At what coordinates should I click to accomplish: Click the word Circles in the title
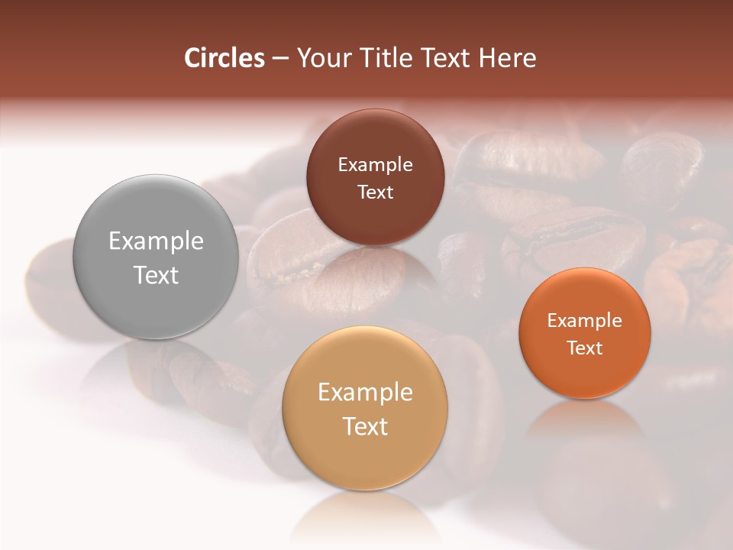click(x=224, y=58)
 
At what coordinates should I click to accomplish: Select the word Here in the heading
click(x=508, y=58)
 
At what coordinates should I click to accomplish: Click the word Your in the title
click(x=321, y=58)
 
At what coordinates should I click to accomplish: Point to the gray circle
click(x=156, y=306)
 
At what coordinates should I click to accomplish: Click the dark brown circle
click(x=375, y=222)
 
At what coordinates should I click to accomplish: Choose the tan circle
click(x=365, y=458)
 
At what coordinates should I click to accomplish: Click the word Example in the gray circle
click(x=156, y=241)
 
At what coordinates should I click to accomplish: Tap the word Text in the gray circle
click(x=156, y=275)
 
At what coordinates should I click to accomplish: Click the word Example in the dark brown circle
click(x=375, y=165)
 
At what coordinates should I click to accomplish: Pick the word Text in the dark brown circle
click(x=375, y=192)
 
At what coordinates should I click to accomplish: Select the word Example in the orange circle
click(x=585, y=321)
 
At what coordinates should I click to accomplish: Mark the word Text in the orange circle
click(x=585, y=348)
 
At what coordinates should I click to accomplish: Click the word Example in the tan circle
click(x=365, y=393)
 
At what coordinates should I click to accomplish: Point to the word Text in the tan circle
click(x=365, y=426)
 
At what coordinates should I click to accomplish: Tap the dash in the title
click(x=280, y=59)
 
